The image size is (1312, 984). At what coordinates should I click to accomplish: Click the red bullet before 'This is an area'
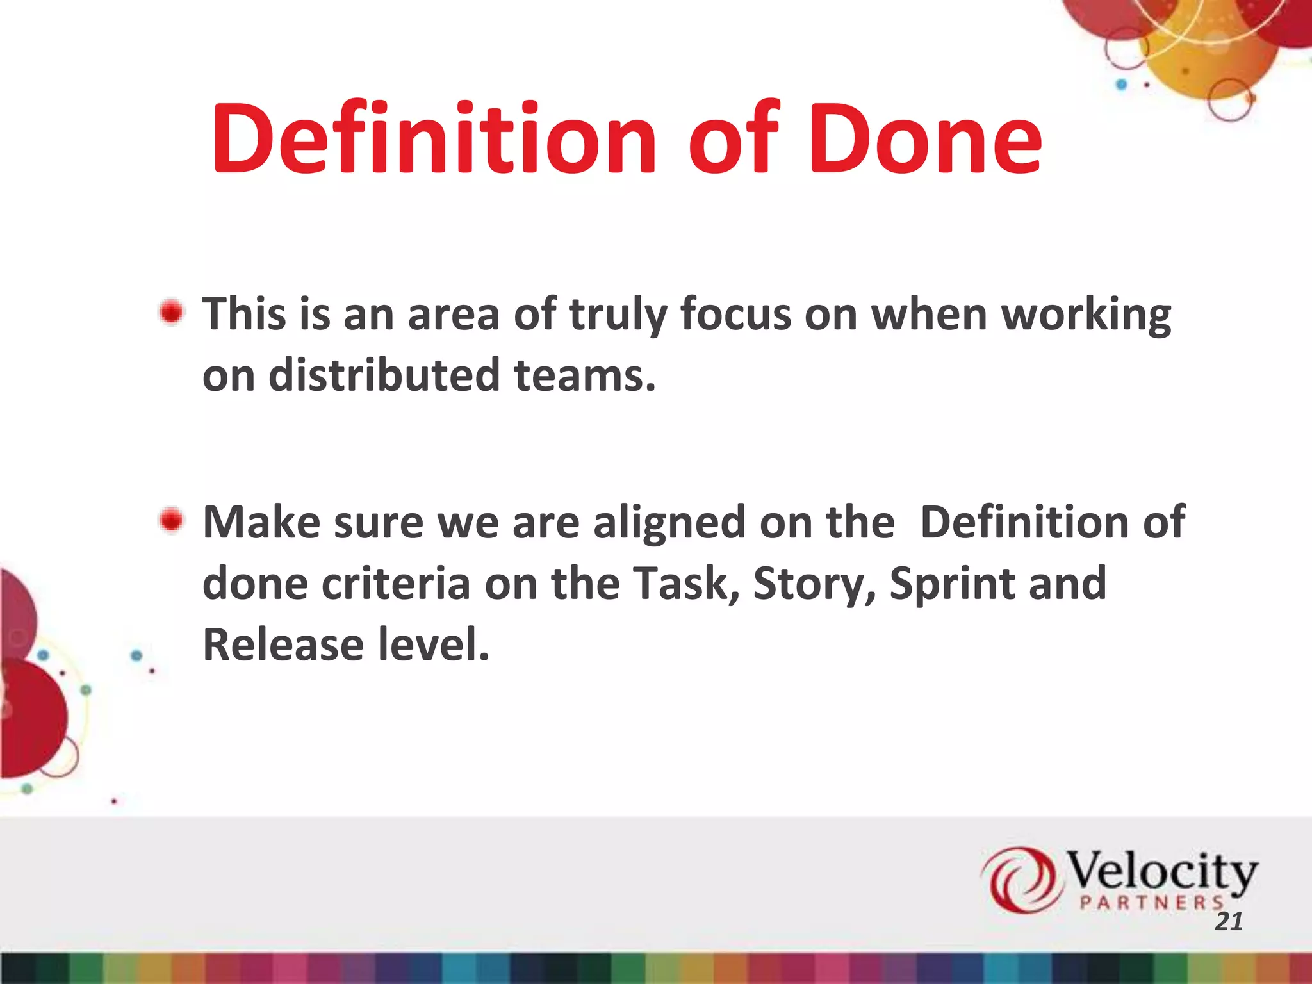(171, 313)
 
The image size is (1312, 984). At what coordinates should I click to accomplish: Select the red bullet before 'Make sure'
(171, 520)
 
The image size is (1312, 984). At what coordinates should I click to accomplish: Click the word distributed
(384, 375)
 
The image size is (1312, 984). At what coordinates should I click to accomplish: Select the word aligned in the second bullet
(669, 523)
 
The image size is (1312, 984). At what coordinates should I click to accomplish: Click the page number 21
(1229, 921)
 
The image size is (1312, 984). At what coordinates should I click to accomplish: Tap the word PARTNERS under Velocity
(1151, 903)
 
